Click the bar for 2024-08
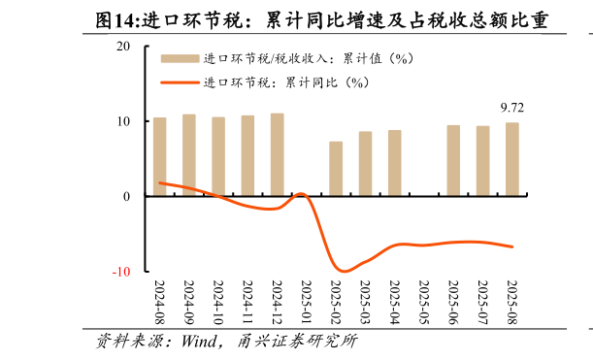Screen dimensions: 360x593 (x=159, y=157)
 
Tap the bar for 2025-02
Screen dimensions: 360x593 (x=336, y=169)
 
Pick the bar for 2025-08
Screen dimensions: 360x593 (x=511, y=159)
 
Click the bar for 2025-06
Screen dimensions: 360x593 (x=453, y=161)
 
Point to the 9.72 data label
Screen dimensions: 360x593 (x=511, y=107)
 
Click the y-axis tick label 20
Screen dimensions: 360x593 (x=123, y=47)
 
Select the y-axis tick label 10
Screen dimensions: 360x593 (x=123, y=121)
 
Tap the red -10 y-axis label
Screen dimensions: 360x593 (x=120, y=272)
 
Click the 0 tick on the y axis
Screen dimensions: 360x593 (x=127, y=197)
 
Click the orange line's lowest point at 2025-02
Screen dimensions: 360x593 (x=344, y=271)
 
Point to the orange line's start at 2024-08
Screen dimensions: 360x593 (x=159, y=182)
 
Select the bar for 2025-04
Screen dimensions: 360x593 (x=395, y=163)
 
